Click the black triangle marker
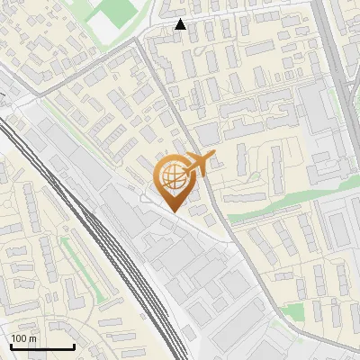point(181,24)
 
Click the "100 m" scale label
point(23,338)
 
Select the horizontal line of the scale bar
point(41,346)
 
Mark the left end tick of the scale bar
point(10,345)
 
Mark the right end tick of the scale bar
point(74,345)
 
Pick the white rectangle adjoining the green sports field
point(105,32)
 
